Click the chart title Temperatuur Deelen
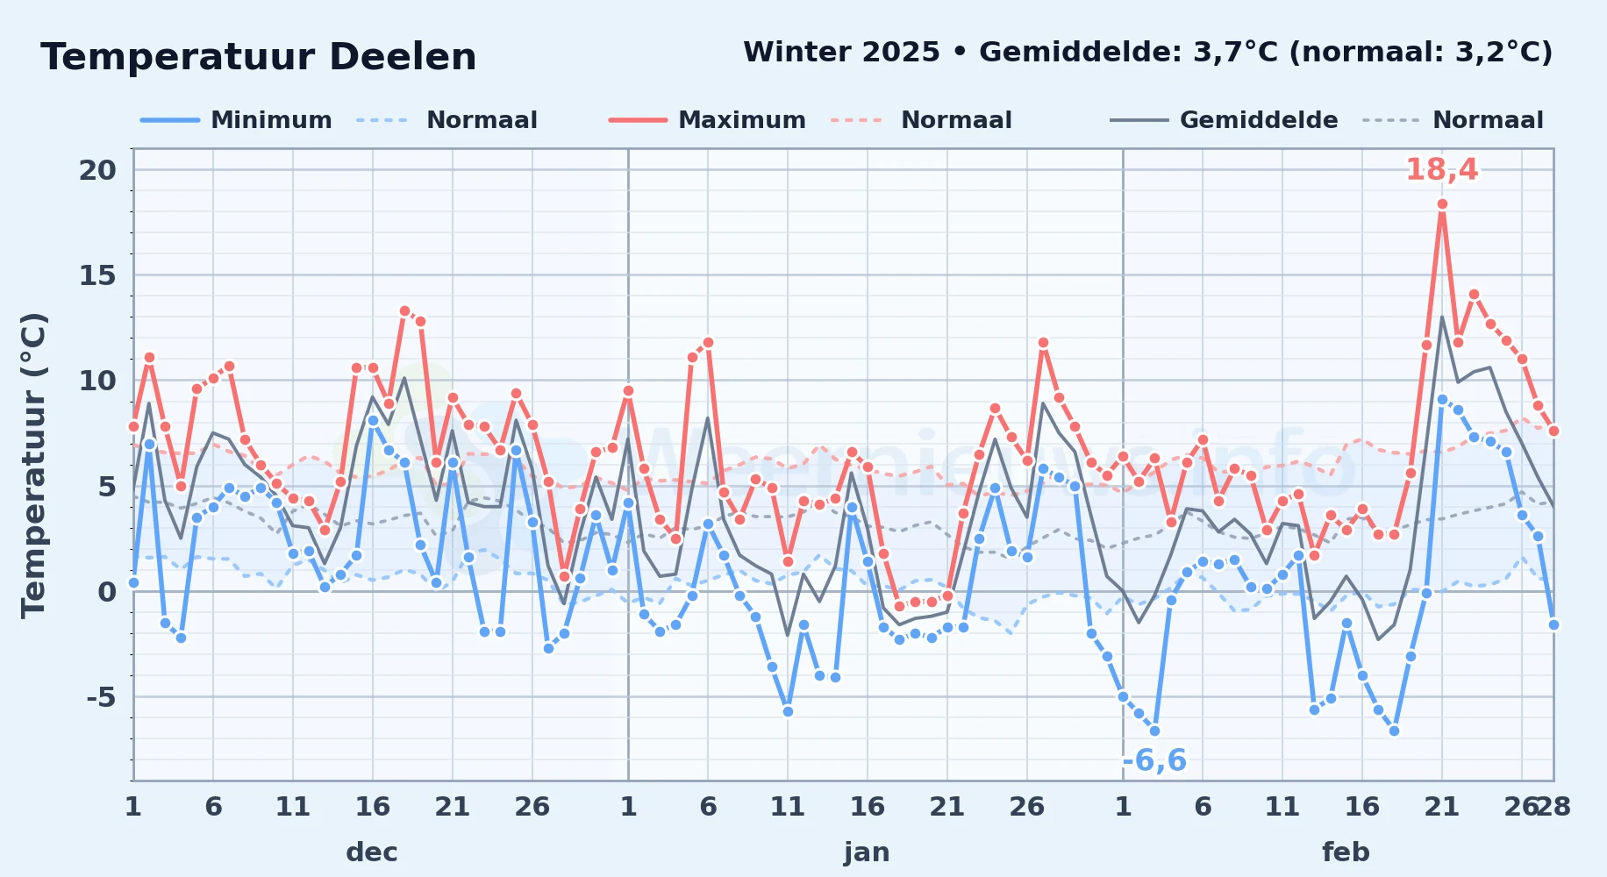[259, 57]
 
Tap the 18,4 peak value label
[1441, 169]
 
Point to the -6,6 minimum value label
[1154, 760]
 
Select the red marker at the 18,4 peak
[1442, 204]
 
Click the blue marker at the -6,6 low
[1154, 731]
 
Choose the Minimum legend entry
[236, 120]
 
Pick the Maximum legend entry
[707, 120]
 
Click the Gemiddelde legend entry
[1224, 120]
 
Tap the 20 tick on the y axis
[97, 170]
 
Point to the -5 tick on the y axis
[101, 697]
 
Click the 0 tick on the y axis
[107, 592]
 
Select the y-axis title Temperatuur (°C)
[33, 466]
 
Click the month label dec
[372, 852]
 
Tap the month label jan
[867, 852]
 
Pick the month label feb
[1346, 852]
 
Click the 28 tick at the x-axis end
[1553, 806]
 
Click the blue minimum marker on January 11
[788, 711]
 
